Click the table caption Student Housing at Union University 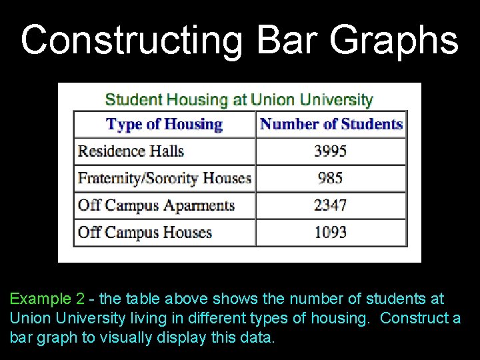point(239,100)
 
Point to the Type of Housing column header point(164,124)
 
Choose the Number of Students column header point(331,124)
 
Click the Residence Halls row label point(131,151)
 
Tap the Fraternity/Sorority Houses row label point(164,178)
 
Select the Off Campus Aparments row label point(156,205)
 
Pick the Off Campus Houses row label point(145,232)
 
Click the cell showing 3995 point(331,151)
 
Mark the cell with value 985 point(331,178)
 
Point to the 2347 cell point(331,205)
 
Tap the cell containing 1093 point(331,232)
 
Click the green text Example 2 point(47,299)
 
